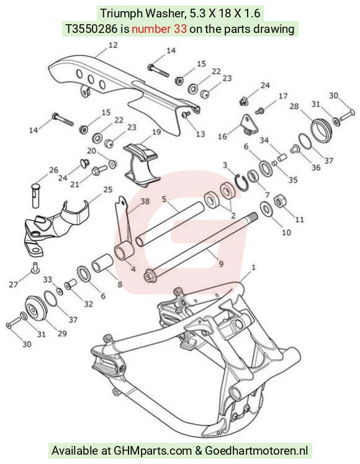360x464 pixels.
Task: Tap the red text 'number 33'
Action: (x=159, y=29)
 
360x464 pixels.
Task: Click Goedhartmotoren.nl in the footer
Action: (x=256, y=451)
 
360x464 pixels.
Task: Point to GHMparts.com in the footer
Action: (x=151, y=451)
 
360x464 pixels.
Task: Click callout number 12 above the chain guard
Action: (x=113, y=45)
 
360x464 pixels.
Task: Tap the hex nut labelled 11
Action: (x=279, y=202)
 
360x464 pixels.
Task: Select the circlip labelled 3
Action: (x=241, y=183)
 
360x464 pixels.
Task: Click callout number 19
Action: (x=156, y=132)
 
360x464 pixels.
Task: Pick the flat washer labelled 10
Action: (x=266, y=209)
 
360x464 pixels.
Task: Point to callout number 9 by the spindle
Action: (x=221, y=263)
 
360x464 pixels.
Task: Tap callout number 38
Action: (x=145, y=201)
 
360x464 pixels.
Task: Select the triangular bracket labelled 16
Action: (x=248, y=125)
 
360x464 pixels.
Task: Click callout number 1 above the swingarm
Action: (x=253, y=268)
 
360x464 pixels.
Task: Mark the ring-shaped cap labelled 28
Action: (x=322, y=130)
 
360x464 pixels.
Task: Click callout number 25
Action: (x=108, y=189)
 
